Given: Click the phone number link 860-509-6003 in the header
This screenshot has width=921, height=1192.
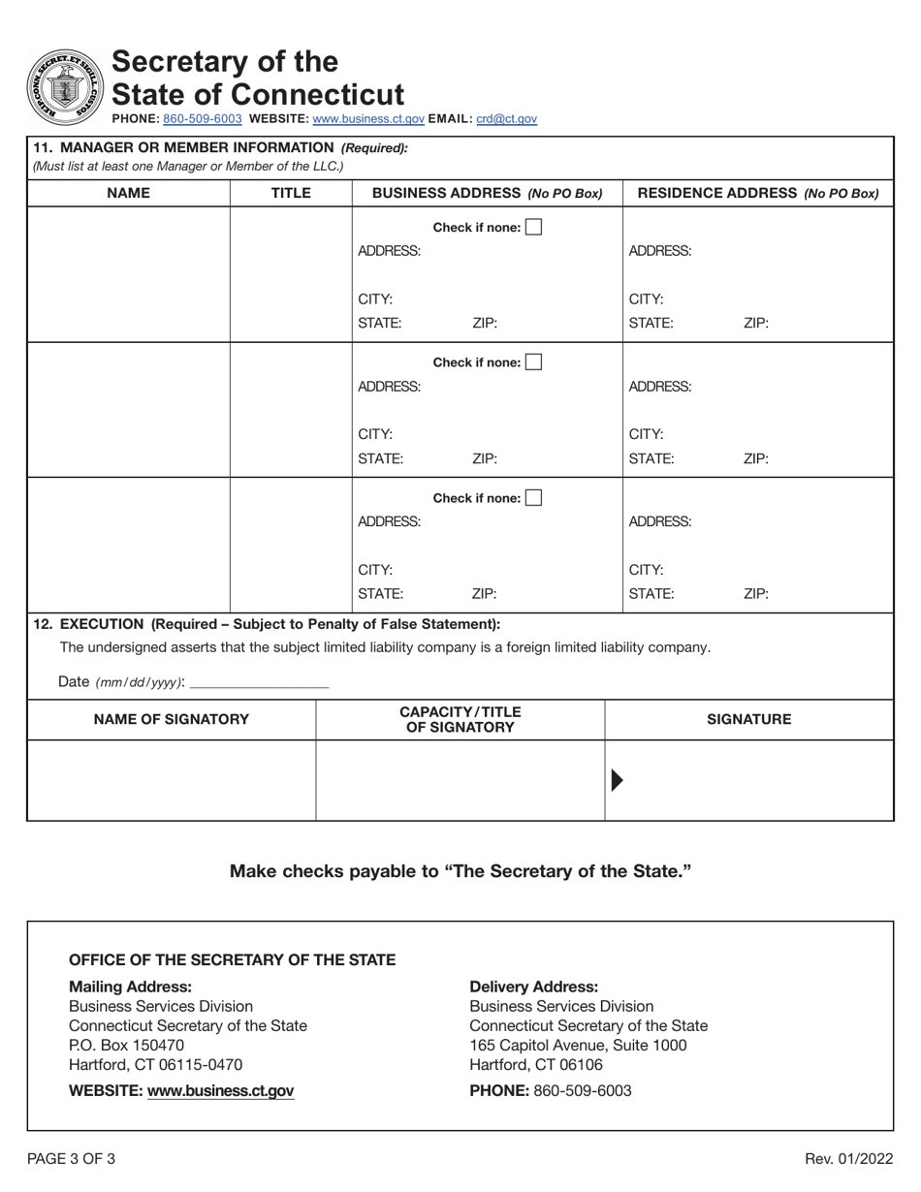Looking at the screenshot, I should (x=203, y=119).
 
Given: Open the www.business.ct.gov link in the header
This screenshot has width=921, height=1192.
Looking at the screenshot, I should (x=368, y=119).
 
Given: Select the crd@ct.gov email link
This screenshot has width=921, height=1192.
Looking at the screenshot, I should (x=506, y=119).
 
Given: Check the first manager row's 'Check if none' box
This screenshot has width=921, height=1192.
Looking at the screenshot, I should (x=533, y=228).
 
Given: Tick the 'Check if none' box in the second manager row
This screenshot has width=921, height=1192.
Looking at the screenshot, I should (x=533, y=362).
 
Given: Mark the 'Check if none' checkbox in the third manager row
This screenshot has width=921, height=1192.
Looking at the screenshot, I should (x=533, y=498).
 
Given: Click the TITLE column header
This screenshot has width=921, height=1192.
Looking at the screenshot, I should (x=290, y=193).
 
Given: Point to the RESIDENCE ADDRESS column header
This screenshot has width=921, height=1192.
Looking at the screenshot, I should (x=757, y=193).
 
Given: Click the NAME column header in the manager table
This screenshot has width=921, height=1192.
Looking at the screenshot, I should (x=128, y=193).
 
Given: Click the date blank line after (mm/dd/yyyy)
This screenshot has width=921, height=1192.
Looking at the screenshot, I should (x=260, y=681).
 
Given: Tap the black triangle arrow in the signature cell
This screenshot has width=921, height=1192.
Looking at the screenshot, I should (x=618, y=780).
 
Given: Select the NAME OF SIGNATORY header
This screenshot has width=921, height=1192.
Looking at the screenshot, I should (x=171, y=719).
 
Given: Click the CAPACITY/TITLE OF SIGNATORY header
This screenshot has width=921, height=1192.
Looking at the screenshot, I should (x=460, y=719).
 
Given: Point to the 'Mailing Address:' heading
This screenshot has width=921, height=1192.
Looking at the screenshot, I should (x=130, y=987).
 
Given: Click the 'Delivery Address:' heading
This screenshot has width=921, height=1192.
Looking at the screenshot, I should (x=533, y=987).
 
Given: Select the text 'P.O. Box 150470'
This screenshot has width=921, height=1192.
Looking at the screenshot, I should (x=126, y=1045).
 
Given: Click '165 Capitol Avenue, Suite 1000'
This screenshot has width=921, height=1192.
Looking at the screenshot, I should (x=578, y=1045).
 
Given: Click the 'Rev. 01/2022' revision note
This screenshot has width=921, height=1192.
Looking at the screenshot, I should (x=849, y=1158).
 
